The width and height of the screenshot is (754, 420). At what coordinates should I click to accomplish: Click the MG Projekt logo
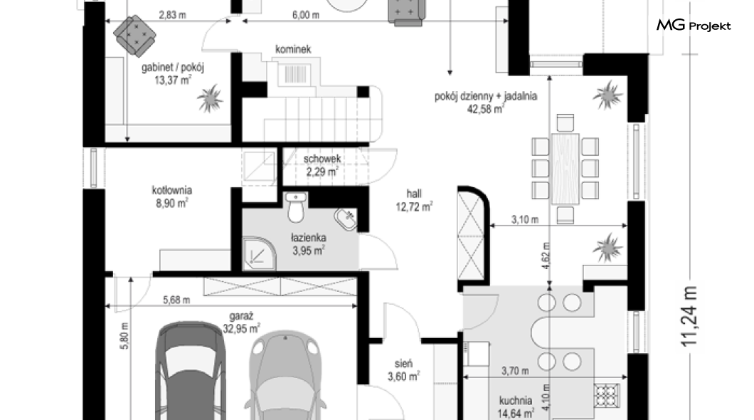(x=694, y=25)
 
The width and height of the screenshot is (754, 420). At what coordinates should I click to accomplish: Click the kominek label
(x=293, y=49)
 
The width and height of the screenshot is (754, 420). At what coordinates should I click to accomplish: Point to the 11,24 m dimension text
(x=689, y=316)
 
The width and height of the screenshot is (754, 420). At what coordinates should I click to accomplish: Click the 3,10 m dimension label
(x=525, y=220)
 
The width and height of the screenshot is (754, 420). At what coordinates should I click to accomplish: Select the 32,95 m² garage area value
(x=241, y=329)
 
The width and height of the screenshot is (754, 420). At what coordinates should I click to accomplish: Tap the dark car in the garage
(x=191, y=370)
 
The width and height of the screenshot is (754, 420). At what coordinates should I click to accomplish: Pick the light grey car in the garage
(x=285, y=375)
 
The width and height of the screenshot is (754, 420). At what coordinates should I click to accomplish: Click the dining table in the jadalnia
(x=565, y=169)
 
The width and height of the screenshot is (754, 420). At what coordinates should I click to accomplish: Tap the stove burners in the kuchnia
(x=607, y=396)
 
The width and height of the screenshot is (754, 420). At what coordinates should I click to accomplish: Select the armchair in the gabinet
(x=135, y=33)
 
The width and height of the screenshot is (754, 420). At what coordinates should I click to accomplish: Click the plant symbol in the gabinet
(x=210, y=99)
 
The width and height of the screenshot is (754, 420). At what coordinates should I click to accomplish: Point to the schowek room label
(x=322, y=158)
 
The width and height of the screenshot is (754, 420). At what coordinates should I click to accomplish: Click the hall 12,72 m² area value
(x=414, y=207)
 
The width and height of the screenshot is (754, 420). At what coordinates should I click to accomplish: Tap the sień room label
(x=403, y=364)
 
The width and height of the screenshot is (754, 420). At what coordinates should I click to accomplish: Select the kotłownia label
(x=172, y=190)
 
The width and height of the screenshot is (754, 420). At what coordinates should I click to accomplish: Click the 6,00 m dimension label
(x=306, y=15)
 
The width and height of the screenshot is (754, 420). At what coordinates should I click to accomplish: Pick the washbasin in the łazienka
(x=345, y=219)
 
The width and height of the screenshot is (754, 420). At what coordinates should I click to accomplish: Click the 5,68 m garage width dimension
(x=176, y=300)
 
